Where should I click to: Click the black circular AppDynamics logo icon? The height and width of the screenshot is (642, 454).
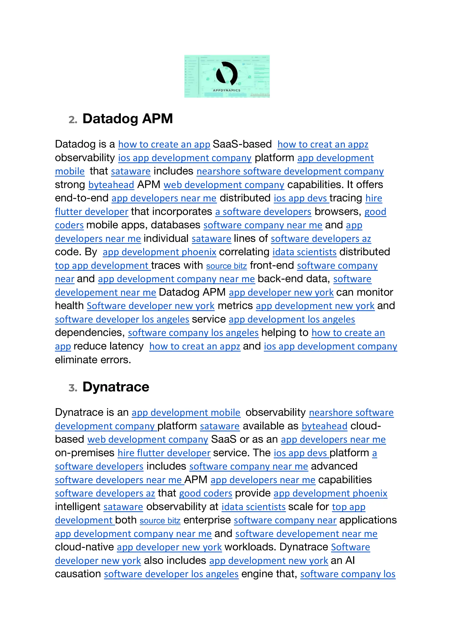[227, 73]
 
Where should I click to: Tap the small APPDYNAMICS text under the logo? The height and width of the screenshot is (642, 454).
[227, 90]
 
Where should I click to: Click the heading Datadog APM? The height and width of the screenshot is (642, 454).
[127, 119]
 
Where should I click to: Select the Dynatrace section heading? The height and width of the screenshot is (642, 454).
[116, 387]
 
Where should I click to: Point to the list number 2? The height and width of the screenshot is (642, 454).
[73, 120]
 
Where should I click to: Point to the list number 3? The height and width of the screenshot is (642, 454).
[73, 388]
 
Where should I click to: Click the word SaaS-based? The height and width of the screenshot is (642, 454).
[242, 144]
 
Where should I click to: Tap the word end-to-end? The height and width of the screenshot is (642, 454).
[82, 198]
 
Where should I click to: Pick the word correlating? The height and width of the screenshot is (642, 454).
[244, 252]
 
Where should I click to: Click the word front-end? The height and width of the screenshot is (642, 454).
[272, 265]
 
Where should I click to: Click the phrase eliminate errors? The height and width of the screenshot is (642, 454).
[93, 360]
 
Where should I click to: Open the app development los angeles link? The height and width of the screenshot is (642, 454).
[292, 319]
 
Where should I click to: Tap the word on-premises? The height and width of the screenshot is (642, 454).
[84, 453]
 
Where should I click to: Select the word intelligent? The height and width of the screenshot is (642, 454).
[78, 507]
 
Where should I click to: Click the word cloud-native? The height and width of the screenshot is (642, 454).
[84, 547]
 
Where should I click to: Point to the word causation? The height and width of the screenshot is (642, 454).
[78, 574]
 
